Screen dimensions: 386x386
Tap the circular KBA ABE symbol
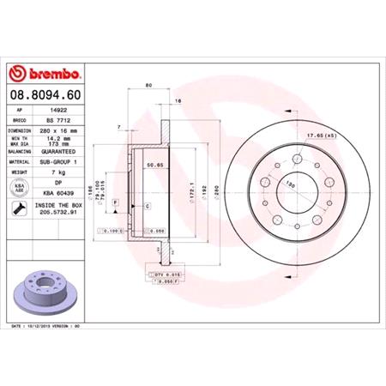click(18, 188)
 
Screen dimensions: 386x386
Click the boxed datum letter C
click(147, 207)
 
